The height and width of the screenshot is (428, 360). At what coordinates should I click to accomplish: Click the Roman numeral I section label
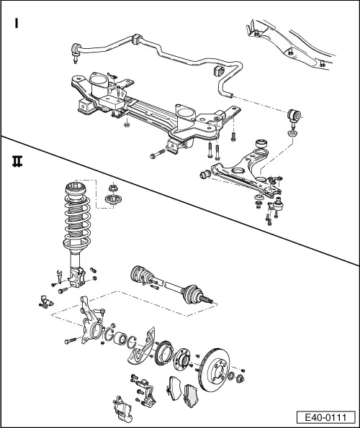(x=16, y=24)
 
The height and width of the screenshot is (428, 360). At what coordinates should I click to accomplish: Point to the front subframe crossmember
(x=144, y=108)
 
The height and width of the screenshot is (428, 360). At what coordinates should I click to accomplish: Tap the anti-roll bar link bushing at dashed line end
(x=292, y=114)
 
